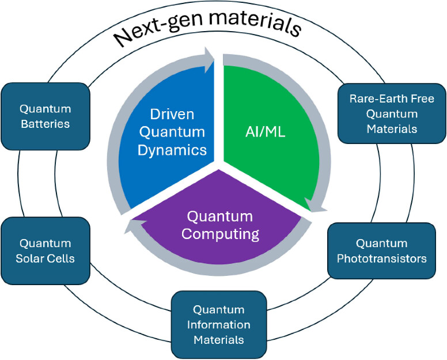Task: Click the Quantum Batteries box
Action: coord(46,116)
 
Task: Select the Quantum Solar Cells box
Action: coord(46,251)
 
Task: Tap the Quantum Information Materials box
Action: coord(219,325)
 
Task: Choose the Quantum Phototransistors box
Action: coord(381,251)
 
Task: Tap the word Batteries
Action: coord(46,123)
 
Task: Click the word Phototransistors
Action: coord(382,258)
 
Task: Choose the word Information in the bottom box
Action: coord(219,325)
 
